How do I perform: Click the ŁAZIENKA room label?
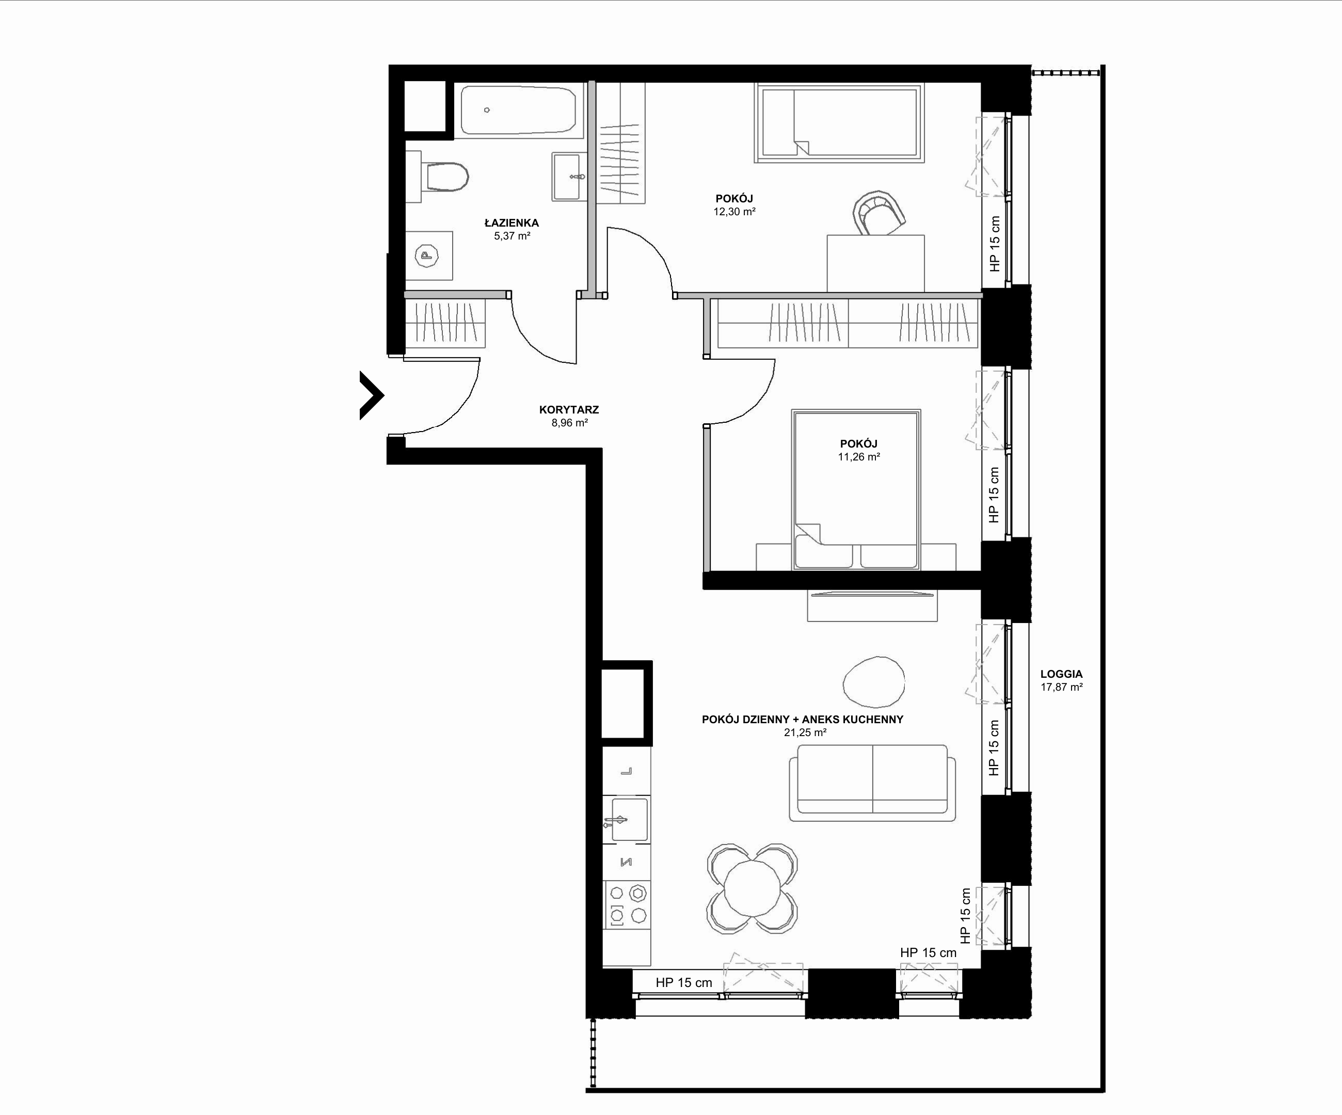tap(511, 223)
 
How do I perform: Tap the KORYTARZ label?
tap(569, 409)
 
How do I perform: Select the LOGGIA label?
tap(1061, 674)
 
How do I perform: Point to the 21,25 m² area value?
tap(805, 733)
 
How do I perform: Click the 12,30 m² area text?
tap(734, 212)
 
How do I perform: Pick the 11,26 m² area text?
tap(859, 457)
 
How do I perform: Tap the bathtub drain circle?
tap(487, 110)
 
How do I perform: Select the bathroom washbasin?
tap(569, 177)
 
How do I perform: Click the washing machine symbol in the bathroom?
tap(429, 256)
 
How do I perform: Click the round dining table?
tap(752, 889)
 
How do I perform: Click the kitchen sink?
tap(627, 819)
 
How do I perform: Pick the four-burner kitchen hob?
tap(627, 905)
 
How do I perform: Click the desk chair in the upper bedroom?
tap(880, 213)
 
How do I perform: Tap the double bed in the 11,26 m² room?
tap(856, 489)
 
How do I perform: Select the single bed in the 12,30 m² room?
tap(839, 123)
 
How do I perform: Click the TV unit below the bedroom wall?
tap(872, 605)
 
